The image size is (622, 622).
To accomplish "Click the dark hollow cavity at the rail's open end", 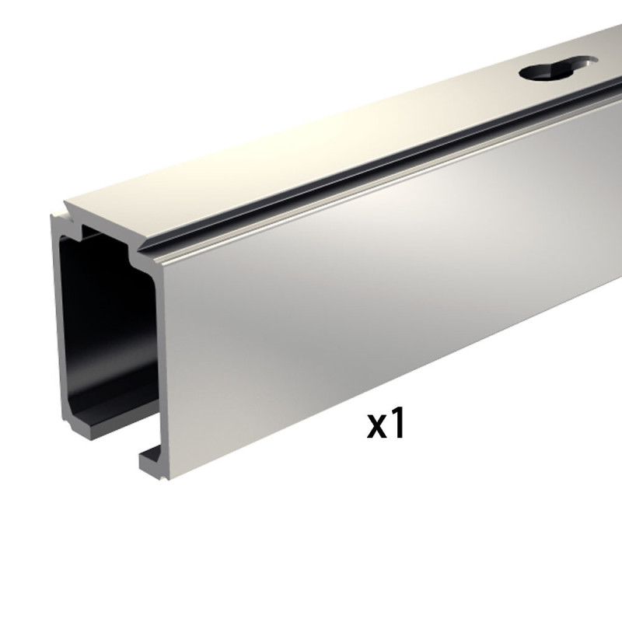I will pos(101,327).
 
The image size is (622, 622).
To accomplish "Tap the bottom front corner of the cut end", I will pos(145,470).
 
